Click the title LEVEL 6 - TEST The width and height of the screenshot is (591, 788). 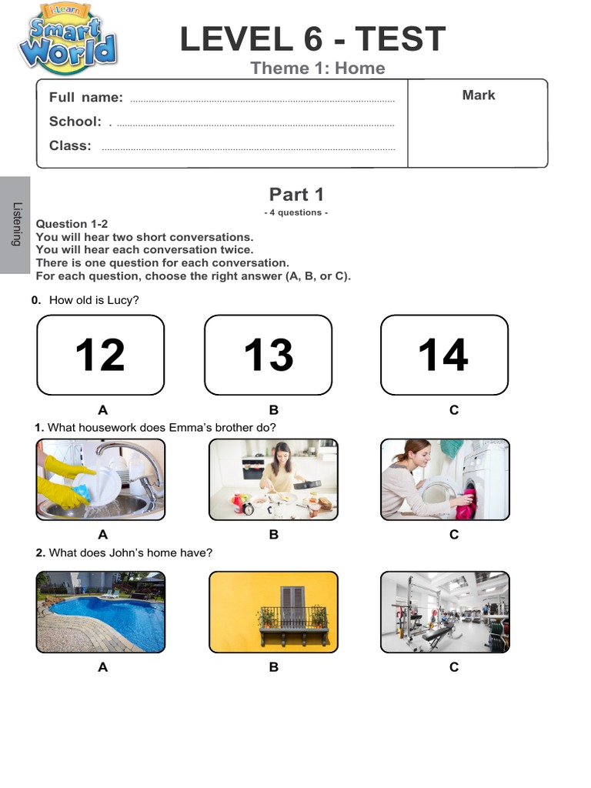pos(312,39)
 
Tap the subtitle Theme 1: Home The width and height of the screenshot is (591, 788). pos(317,68)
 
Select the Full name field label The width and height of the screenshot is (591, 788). pos(85,97)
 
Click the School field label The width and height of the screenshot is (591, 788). pos(75,122)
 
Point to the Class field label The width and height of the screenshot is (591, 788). pos(70,145)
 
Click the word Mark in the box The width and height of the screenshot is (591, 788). pos(478,95)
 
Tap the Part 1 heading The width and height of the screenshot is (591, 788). pos(296,195)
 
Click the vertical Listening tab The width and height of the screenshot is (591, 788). pos(15,225)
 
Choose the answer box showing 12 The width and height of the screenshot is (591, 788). pos(100,355)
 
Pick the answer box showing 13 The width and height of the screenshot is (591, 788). pos(268,355)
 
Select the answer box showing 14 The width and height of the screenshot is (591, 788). pos(444,355)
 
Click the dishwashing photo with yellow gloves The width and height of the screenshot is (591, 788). pos(100,479)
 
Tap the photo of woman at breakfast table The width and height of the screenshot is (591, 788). pos(273,479)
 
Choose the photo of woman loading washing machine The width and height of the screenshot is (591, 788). pos(445,479)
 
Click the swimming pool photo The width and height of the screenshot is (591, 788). pos(100,612)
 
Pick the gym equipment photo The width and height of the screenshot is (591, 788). pos(445,612)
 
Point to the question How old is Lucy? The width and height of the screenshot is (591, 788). pos(93,300)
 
